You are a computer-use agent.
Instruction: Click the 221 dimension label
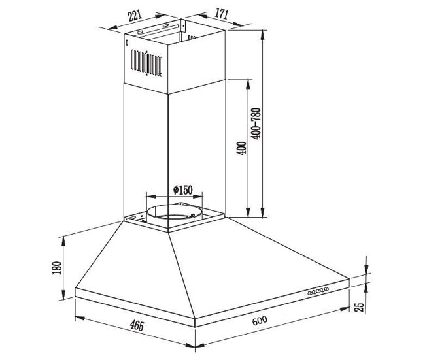pos(135,16)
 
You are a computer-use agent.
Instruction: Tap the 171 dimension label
pos(222,14)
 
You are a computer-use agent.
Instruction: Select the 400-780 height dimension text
pos(256,123)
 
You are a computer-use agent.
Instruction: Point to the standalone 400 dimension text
pos(241,148)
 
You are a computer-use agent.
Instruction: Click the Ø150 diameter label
pos(183,190)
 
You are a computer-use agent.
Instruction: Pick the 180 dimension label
pos(57,268)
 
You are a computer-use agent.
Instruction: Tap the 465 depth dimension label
pos(137,325)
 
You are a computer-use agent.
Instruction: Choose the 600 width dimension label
pos(260,320)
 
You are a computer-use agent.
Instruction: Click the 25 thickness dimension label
pos(359,307)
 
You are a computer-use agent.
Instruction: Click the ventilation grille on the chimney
pos(146,63)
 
